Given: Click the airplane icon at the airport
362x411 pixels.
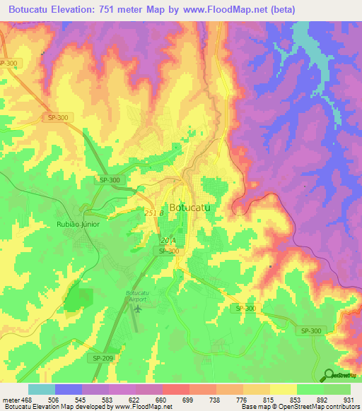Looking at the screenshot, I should (x=138, y=307).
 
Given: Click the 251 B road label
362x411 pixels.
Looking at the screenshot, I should (x=153, y=213).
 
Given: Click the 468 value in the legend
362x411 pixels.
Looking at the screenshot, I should (x=27, y=400).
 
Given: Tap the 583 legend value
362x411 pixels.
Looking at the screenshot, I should (x=107, y=400).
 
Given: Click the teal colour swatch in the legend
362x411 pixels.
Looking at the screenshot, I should (x=41, y=389).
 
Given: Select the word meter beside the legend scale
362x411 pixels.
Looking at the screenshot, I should (x=10, y=400).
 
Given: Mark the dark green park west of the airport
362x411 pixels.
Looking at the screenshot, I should (x=79, y=300).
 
